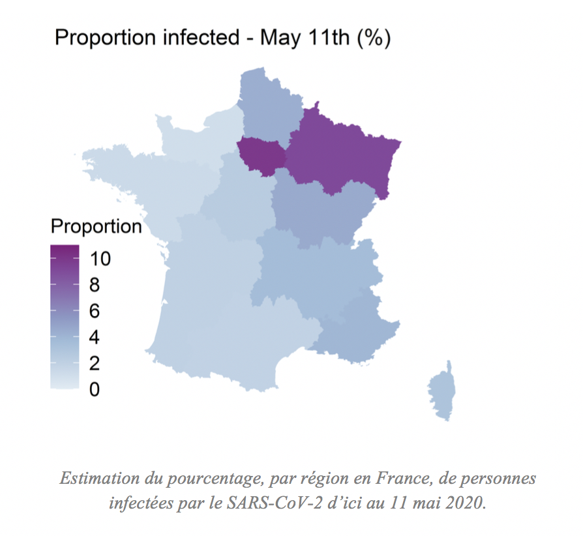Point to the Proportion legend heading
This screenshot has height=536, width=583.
96,226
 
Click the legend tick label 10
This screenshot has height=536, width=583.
100,259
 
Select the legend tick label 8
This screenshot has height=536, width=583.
95,285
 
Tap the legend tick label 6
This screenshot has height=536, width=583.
95,311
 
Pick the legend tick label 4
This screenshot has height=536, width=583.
95,337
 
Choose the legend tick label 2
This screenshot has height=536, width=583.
95,363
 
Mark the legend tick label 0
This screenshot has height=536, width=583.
95,389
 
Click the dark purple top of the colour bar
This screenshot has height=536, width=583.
65,251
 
